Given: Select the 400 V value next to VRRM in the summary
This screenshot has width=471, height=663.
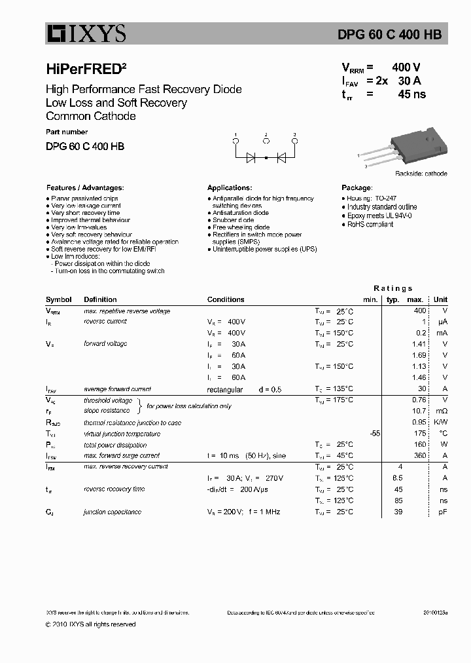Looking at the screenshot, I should click(406, 67).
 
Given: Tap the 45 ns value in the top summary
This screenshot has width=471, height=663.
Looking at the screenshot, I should click(411, 94).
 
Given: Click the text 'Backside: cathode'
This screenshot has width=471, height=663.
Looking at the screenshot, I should click(421, 174).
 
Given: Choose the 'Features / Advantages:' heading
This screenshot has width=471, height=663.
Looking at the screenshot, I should click(84, 187).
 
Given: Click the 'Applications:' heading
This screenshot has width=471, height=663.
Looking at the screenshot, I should click(230, 187).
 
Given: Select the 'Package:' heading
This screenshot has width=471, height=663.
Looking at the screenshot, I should click(357, 187).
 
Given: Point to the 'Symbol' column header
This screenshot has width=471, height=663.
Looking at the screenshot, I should click(59, 299).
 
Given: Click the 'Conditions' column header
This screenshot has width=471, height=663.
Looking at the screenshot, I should click(226, 299).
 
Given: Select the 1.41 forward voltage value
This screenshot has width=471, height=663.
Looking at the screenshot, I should click(419, 344).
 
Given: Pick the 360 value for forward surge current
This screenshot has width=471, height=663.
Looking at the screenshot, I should click(419, 455).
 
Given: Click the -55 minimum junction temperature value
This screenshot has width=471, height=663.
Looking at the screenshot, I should click(375, 433).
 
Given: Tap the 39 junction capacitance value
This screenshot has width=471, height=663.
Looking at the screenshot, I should click(398, 512).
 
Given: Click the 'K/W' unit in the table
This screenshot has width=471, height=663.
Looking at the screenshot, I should click(442, 422).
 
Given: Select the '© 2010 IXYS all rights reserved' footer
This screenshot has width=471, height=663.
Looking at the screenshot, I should click(91, 624).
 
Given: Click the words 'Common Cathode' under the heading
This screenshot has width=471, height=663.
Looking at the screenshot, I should click(91, 116).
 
